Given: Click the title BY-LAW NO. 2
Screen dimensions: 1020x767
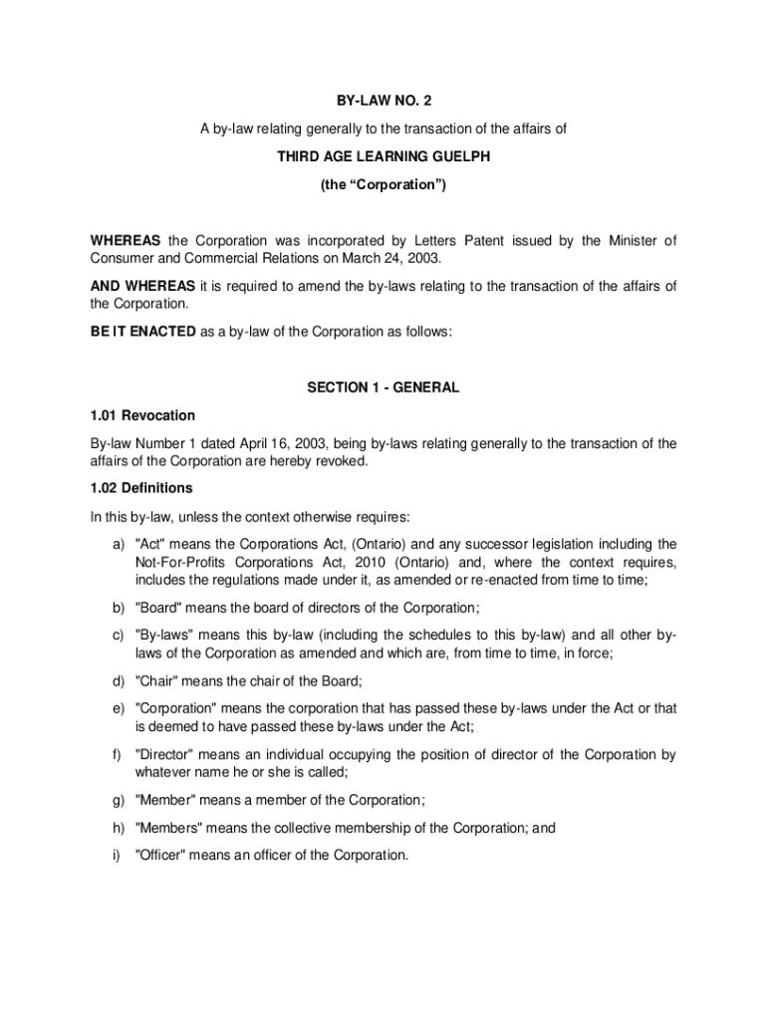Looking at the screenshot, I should point(383,101).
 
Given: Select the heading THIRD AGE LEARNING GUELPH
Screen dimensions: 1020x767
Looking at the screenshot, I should point(383,156).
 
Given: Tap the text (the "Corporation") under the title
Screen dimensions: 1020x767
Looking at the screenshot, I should point(383,185).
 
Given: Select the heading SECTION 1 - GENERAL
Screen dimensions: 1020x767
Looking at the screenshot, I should point(383,387).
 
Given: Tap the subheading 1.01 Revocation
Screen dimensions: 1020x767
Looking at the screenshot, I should point(143,415).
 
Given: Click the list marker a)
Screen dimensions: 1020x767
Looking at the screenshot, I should point(118,544).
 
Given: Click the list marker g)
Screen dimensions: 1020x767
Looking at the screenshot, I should point(118,800).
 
